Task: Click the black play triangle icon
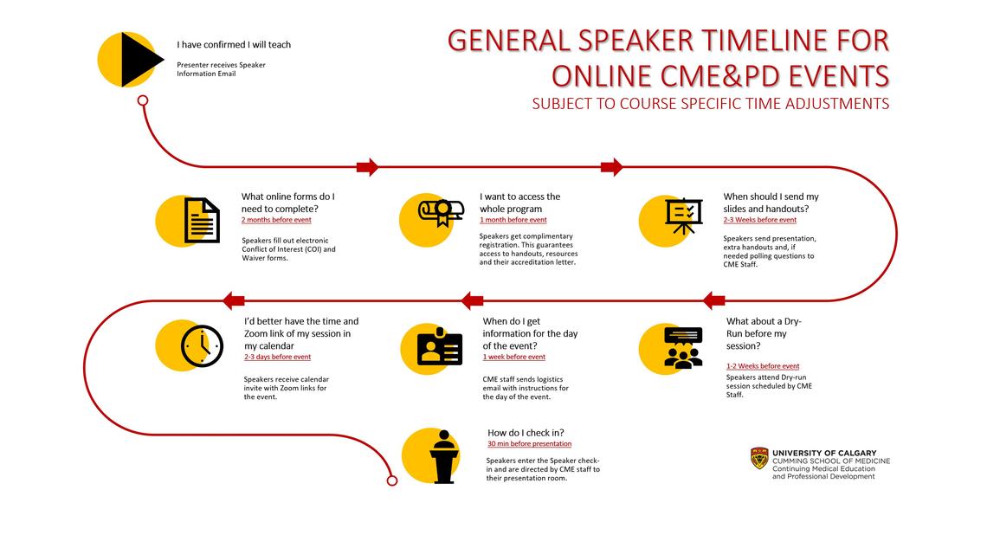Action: pos(139,59)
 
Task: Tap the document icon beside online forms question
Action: pos(201,220)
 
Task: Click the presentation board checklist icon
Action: pos(684,216)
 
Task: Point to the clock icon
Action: pos(201,345)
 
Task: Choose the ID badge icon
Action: pos(440,346)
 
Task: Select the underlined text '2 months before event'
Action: pos(276,220)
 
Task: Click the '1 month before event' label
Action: pos(513,220)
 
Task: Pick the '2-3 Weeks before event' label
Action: pos(759,220)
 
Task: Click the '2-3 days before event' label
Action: pos(277,357)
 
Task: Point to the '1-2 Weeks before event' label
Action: pos(763,366)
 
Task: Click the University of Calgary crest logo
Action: pos(759,459)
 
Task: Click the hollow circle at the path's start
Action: pos(143,100)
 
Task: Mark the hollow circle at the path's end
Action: pos(391,480)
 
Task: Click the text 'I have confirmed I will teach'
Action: pos(240,45)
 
